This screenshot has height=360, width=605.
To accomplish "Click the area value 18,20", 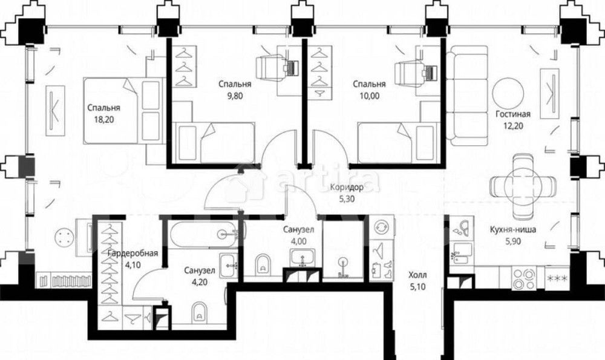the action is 103,120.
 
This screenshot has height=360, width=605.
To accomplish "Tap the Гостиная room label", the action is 513,114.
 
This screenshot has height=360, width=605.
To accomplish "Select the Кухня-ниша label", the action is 513,229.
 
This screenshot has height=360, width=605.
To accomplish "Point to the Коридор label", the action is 347,188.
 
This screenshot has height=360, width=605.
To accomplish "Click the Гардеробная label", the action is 132,253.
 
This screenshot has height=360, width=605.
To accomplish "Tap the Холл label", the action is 418,275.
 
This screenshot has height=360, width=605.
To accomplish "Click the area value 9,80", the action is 235,96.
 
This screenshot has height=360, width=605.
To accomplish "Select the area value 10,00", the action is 369,96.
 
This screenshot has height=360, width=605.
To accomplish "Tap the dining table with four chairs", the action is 523,186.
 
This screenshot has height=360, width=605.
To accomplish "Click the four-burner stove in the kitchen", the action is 523,278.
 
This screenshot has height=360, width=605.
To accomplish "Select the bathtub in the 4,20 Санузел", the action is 207,234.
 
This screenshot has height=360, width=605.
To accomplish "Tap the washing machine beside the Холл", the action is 381,226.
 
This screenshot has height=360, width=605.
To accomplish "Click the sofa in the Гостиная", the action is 468,96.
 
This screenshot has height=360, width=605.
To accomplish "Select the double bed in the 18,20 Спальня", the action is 123,110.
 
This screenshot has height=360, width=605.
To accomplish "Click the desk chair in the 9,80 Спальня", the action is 270,68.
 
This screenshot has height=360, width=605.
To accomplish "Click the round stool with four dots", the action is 65,236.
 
